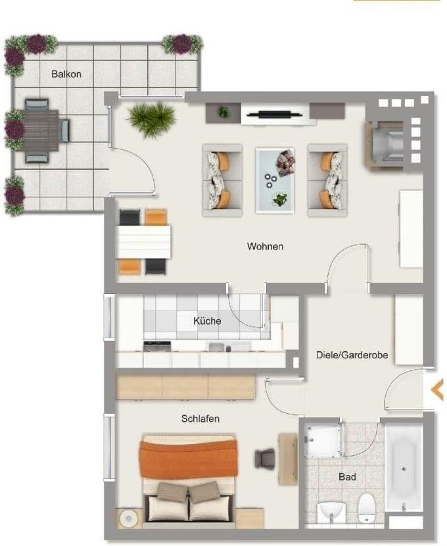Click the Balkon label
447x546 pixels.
(66, 74)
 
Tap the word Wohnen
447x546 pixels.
(265, 247)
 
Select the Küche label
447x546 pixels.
(207, 321)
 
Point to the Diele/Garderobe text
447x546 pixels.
(352, 355)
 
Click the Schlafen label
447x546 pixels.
(200, 418)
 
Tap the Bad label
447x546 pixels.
(347, 476)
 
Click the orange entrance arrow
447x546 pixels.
(436, 390)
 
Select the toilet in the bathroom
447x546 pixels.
(366, 507)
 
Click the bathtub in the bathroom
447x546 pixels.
(403, 467)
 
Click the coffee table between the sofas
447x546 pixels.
(275, 180)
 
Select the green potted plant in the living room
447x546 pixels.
(152, 119)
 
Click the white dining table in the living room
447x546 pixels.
(143, 242)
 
